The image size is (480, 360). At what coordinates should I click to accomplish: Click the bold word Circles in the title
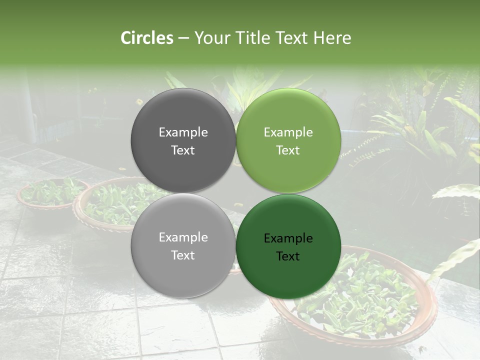click(147, 38)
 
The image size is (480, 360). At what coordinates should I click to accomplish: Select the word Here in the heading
click(332, 38)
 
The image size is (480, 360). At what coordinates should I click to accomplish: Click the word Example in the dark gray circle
click(183, 132)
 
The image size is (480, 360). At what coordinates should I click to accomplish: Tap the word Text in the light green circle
click(288, 150)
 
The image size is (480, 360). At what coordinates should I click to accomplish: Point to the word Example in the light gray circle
click(183, 237)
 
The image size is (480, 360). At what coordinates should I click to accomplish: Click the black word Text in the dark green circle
click(288, 256)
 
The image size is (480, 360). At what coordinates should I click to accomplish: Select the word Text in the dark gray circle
click(183, 150)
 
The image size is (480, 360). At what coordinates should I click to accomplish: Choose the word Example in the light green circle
click(288, 132)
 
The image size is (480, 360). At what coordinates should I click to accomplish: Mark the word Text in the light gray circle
click(183, 255)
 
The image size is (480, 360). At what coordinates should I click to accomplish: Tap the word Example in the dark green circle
click(288, 238)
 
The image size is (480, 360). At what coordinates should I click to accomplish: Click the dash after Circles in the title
click(183, 38)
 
